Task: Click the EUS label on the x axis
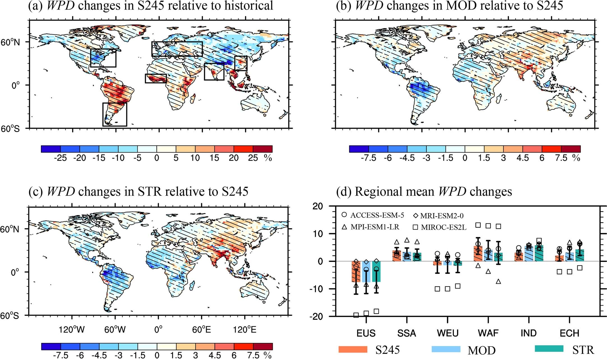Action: [x=366, y=333]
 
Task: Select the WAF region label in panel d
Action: [x=488, y=333]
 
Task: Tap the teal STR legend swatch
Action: [x=549, y=349]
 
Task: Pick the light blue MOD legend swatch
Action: [x=446, y=349]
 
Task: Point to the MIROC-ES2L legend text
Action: [x=444, y=227]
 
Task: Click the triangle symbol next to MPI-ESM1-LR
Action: [x=344, y=227]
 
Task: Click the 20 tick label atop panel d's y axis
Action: [x=325, y=206]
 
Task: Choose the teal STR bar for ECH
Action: [x=579, y=255]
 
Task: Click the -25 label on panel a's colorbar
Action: [x=60, y=158]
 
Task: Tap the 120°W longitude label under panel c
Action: [x=71, y=330]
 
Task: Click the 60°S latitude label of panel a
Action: [x=10, y=129]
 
